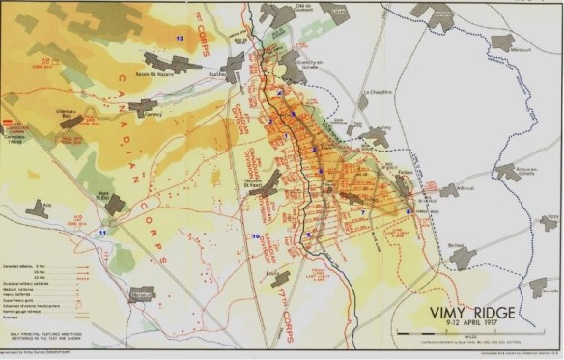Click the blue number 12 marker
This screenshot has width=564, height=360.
pyautogui.click(x=179, y=37)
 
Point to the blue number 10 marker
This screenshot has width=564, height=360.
pyautogui.click(x=255, y=236)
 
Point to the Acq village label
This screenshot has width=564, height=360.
pyautogui.click(x=39, y=203)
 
